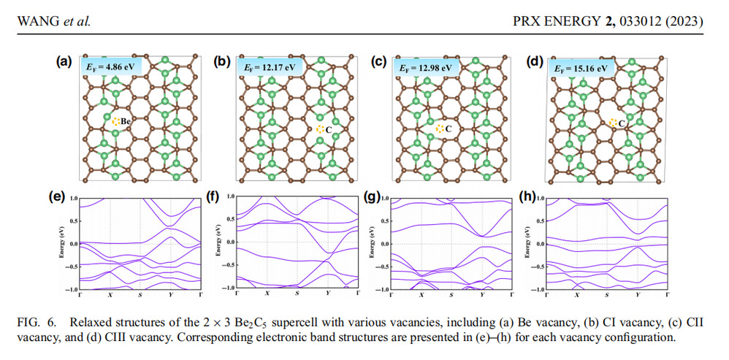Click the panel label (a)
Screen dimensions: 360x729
(64, 63)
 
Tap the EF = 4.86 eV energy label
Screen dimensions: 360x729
(112, 66)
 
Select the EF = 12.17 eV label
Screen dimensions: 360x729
(268, 68)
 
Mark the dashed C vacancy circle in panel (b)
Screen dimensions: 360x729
(320, 129)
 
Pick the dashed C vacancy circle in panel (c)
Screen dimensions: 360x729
(440, 129)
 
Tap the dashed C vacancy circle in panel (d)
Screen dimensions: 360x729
(613, 123)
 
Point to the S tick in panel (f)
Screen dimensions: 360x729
(297, 294)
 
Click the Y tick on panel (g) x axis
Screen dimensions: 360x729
(482, 295)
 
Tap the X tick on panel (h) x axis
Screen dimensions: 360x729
(577, 294)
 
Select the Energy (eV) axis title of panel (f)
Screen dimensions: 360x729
(217, 243)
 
